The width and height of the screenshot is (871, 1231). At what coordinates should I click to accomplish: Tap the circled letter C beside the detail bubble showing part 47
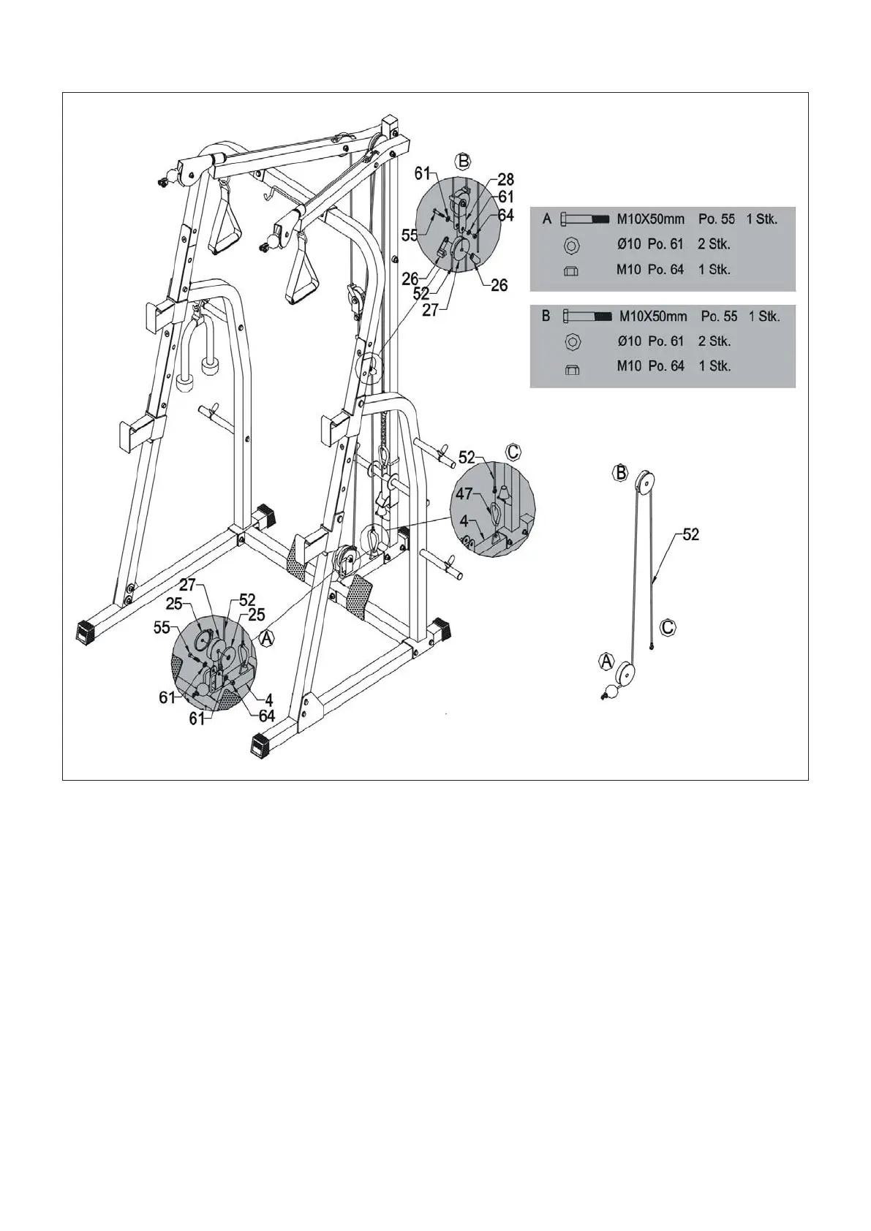pos(513,452)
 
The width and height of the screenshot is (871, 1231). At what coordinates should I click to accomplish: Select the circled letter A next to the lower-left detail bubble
pos(268,637)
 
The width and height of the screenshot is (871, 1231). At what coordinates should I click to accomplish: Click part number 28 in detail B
pos(506,180)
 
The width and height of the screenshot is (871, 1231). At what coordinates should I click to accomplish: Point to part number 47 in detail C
pos(464,494)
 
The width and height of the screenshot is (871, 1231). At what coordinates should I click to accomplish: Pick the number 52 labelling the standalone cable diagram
pos(691,534)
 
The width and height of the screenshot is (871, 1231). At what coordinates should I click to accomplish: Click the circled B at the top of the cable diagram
pos(621,473)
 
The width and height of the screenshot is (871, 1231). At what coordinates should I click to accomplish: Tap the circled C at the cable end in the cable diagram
pos(668,627)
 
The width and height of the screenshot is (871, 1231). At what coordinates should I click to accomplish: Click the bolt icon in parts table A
pos(584,219)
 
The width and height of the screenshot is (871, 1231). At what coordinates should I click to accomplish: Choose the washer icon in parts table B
pos(573,341)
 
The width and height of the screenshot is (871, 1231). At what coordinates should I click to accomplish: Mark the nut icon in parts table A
pos(571,270)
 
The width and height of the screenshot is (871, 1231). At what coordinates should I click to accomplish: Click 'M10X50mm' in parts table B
pos(653,317)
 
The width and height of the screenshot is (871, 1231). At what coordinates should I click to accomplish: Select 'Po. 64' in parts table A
pos(665,269)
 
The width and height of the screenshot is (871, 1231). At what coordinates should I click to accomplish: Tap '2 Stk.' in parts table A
pos(714,244)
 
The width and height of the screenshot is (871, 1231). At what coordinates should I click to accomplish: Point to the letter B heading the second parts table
pos(546,317)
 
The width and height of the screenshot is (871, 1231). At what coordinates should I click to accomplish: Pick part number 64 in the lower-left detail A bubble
pos(267,716)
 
